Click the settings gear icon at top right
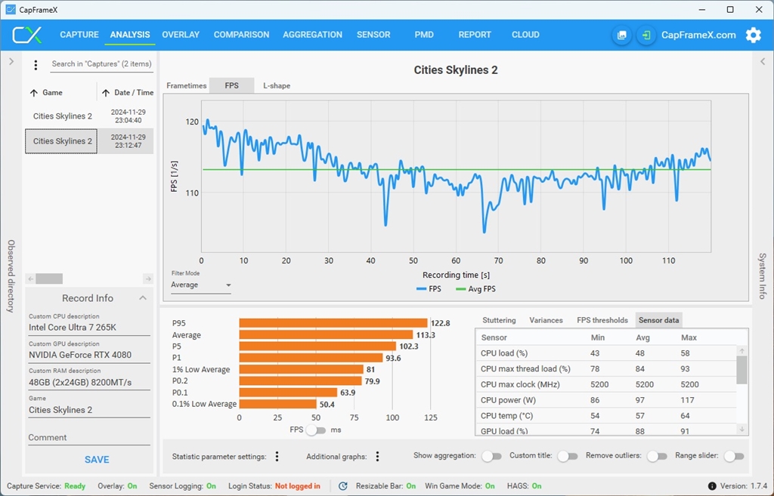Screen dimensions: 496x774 753,35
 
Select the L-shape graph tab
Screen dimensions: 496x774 277,86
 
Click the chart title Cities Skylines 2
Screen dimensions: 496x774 455,70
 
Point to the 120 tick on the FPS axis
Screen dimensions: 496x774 192,122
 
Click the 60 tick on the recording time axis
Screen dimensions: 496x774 456,260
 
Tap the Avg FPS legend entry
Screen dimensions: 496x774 476,289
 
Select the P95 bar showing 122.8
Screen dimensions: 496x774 333,323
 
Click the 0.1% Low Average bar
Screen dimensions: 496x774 277,405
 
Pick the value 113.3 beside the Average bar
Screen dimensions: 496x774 425,335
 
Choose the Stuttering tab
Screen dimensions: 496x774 499,320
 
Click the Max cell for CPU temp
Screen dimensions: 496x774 686,416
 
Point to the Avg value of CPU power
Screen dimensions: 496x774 642,400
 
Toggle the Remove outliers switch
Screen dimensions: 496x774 658,456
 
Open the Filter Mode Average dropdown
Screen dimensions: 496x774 201,285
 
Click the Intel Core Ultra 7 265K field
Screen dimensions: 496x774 89,328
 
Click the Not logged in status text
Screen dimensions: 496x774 297,486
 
